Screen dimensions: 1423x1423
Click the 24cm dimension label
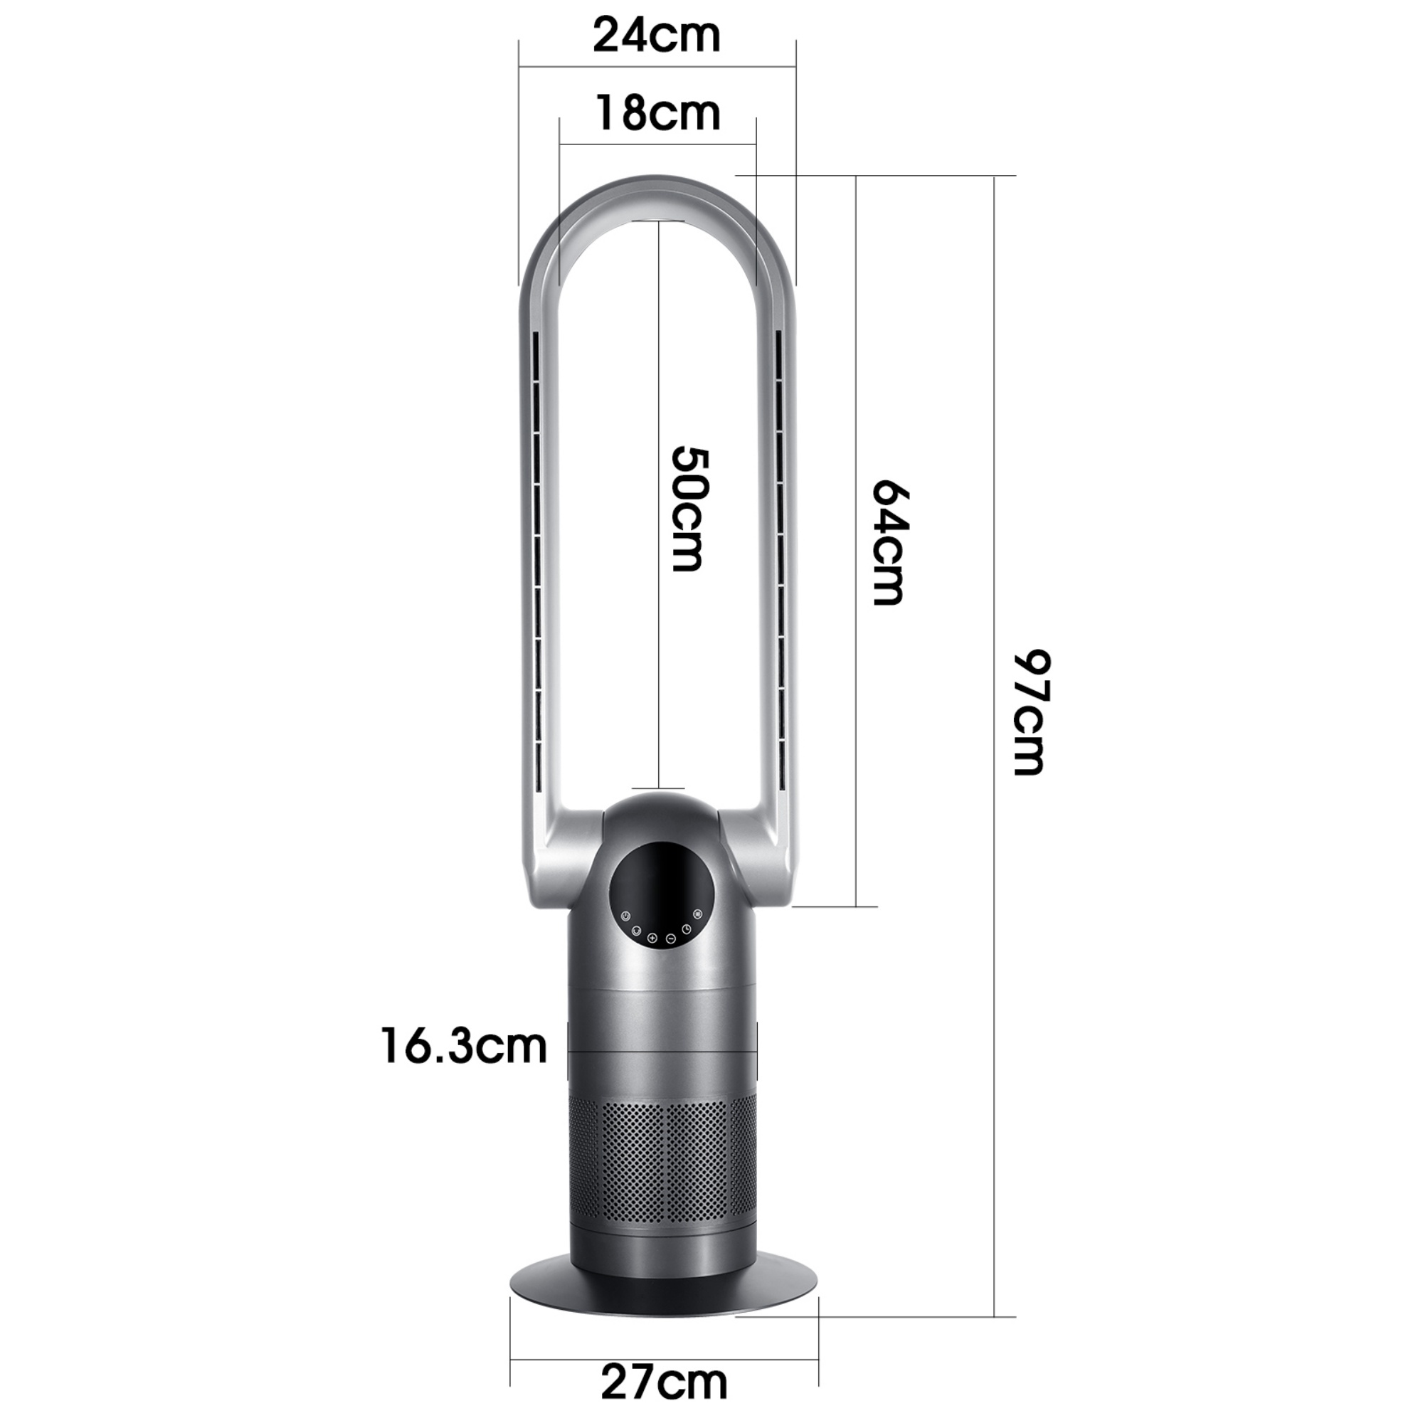click(x=656, y=36)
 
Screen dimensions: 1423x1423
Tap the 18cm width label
click(x=657, y=113)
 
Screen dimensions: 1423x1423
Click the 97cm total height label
click(x=1029, y=711)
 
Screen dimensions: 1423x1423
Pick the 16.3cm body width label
click(x=464, y=1046)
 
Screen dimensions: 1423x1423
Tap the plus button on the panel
click(x=652, y=938)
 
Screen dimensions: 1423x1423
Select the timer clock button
click(x=687, y=929)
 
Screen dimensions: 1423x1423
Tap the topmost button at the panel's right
click(x=697, y=915)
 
